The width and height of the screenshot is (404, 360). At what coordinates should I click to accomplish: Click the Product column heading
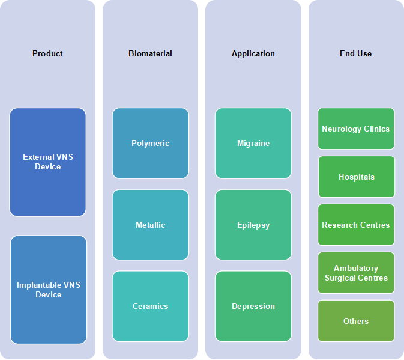47,53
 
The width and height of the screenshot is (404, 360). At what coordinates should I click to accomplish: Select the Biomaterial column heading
150,53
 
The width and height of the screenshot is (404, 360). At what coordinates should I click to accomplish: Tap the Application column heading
253,54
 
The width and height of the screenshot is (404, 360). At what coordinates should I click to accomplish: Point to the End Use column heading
355,53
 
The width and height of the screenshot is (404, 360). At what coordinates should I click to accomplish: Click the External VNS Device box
47,162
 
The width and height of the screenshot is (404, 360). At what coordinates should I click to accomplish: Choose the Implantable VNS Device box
49,290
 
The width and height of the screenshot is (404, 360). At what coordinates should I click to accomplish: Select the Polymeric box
151,143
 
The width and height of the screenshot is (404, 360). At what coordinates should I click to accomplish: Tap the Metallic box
151,225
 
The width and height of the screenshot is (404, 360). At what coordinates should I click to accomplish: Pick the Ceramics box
151,306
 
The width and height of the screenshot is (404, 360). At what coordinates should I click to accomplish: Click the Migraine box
253,143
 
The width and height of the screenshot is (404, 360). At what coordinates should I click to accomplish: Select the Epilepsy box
253,225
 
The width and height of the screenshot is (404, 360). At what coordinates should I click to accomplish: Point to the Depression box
253,306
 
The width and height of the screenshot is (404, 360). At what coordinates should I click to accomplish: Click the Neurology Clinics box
356,129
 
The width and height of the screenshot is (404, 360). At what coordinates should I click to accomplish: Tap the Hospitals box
357,177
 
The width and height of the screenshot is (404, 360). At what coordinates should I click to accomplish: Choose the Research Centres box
356,225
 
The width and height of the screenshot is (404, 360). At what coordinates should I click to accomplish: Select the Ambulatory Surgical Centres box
356,273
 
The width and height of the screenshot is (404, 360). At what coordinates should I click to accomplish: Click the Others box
356,321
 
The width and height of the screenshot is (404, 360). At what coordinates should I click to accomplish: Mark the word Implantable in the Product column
39,285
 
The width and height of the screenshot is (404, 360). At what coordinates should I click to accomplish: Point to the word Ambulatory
356,268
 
